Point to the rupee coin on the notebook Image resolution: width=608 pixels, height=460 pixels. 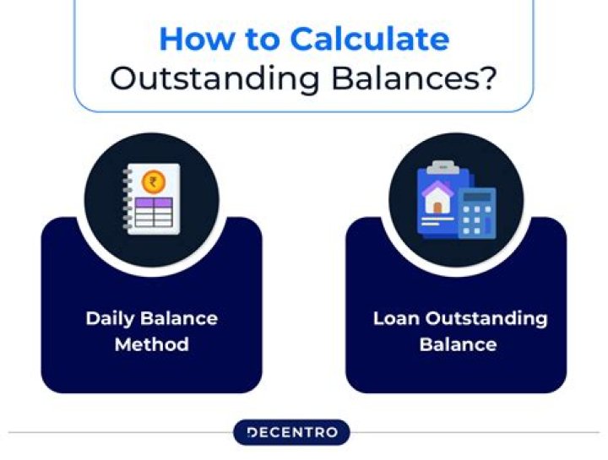[154, 181]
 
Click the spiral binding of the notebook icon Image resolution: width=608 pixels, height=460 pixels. [128, 199]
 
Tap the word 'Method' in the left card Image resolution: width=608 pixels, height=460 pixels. [152, 344]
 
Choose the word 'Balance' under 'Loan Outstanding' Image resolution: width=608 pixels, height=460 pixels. [456, 344]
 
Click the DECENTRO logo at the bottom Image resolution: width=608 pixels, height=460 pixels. [291, 433]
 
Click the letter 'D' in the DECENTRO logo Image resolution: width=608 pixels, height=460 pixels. [252, 433]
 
